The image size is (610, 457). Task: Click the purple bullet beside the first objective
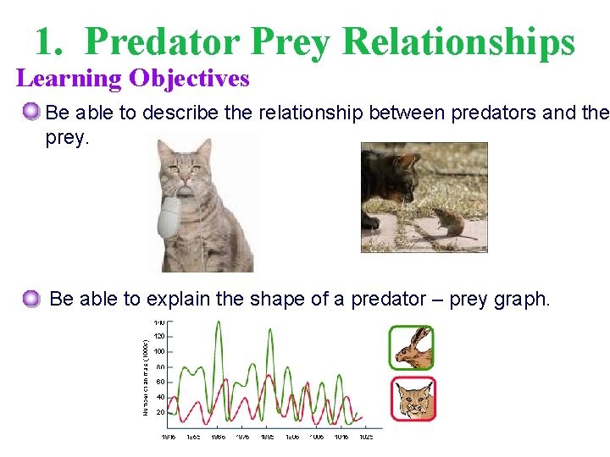point(32,112)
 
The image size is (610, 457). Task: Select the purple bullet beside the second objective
point(32,298)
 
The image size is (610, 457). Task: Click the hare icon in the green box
point(412,348)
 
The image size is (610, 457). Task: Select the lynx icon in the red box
point(413,399)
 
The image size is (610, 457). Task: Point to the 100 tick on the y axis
point(159,352)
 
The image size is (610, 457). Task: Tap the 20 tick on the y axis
point(160,412)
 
